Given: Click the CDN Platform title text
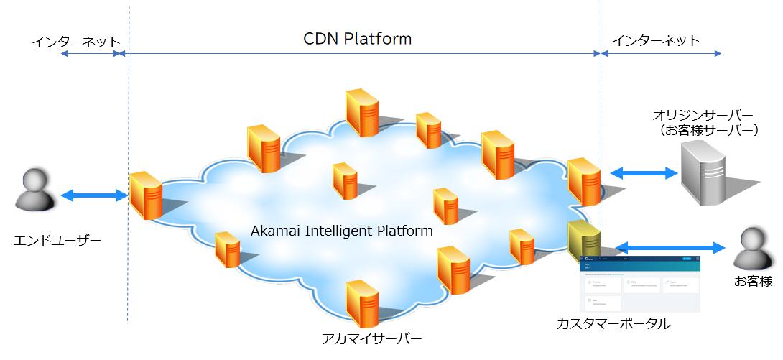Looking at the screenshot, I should pos(357,38).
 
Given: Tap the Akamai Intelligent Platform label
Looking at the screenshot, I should pos(342,231).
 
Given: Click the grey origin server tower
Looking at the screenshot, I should pos(704,172).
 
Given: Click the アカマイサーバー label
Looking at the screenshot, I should pos(371,338).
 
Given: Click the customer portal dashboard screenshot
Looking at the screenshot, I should pos(639,283).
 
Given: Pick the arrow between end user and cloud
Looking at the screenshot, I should pos(94,195).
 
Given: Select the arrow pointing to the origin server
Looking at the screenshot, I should pos(644,172).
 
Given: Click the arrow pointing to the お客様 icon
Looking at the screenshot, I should pos(670,248).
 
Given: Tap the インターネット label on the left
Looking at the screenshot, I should pos(75,41).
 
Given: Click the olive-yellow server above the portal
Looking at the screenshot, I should pos(580,241).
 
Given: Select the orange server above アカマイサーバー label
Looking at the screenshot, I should pos(361,303).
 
